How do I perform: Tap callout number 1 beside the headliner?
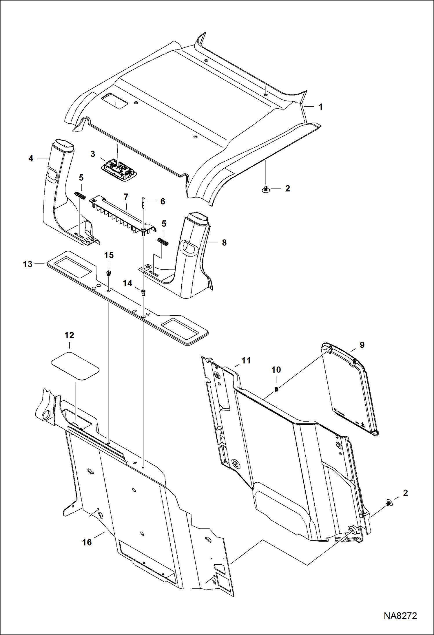320,107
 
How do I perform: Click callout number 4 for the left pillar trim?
31,158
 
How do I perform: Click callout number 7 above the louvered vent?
126,197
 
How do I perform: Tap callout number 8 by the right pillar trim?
224,243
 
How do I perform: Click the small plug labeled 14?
143,292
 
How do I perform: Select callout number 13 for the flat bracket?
28,264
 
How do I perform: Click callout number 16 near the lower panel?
87,542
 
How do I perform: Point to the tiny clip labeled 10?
276,389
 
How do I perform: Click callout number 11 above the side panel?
246,360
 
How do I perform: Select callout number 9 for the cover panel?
362,345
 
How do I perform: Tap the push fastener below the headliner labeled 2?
265,189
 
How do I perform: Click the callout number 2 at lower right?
405,493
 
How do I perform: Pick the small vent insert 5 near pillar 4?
80,195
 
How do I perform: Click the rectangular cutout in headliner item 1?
115,101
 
